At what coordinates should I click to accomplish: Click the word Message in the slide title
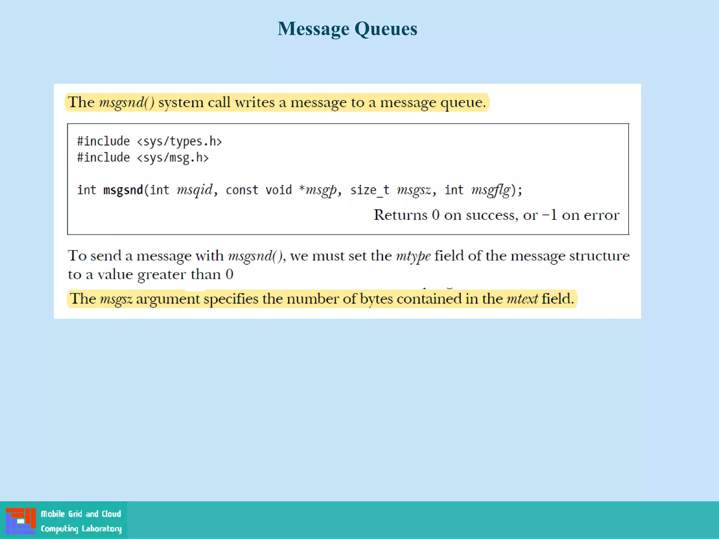pyautogui.click(x=313, y=29)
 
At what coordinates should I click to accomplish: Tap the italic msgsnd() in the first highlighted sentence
pyautogui.click(x=127, y=102)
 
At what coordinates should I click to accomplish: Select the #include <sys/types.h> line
pyautogui.click(x=150, y=141)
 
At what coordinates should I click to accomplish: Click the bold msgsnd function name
pyautogui.click(x=123, y=190)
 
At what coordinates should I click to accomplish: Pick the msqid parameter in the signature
pyautogui.click(x=194, y=190)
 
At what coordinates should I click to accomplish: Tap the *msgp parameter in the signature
pyautogui.click(x=318, y=190)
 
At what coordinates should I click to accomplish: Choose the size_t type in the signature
pyautogui.click(x=370, y=190)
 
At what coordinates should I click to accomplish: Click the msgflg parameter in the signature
pyautogui.click(x=490, y=190)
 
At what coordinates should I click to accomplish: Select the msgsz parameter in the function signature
pyautogui.click(x=414, y=190)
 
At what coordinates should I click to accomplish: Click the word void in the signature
pyautogui.click(x=278, y=190)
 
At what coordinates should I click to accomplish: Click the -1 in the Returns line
pyautogui.click(x=550, y=215)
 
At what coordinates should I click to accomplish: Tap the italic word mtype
pyautogui.click(x=413, y=256)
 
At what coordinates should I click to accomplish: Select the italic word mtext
pyautogui.click(x=522, y=299)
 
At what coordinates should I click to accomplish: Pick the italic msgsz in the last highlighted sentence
pyautogui.click(x=116, y=299)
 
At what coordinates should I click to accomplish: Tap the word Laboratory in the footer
pyautogui.click(x=101, y=528)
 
